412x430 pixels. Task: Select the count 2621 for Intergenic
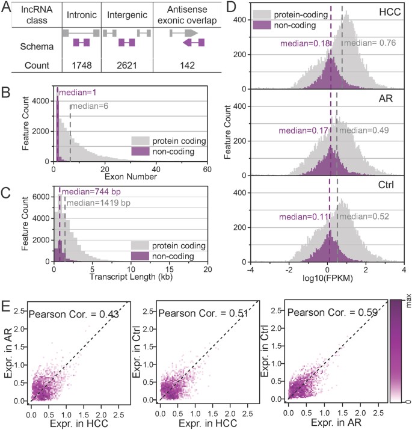click(126, 64)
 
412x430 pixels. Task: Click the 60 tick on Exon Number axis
click(206, 168)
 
